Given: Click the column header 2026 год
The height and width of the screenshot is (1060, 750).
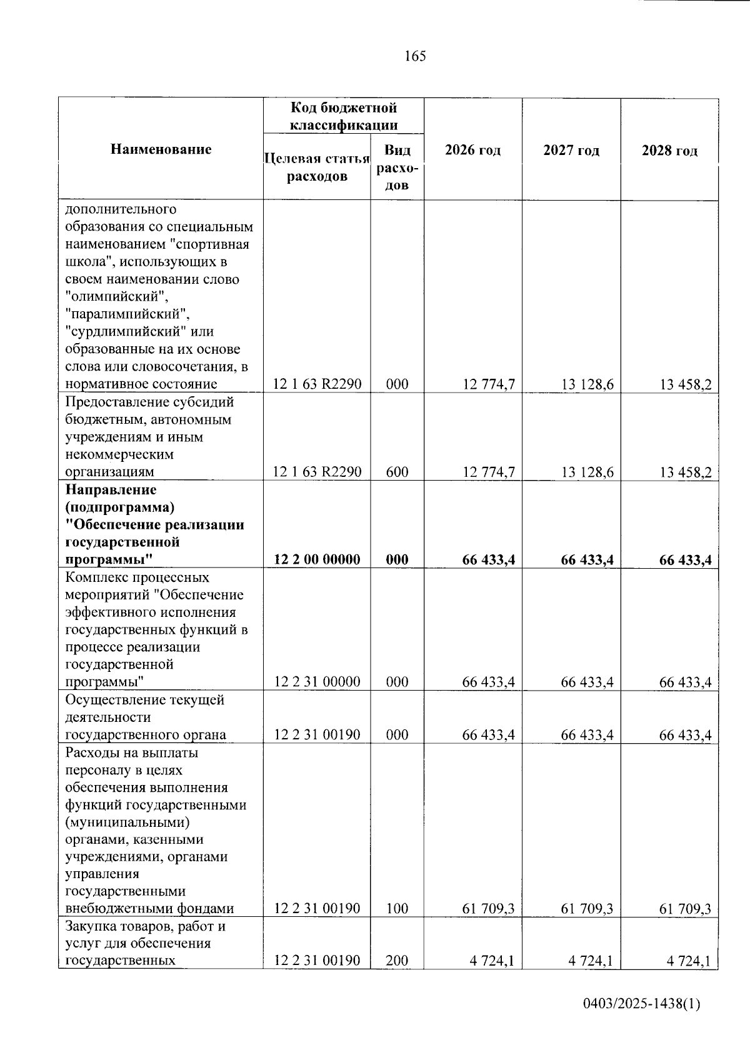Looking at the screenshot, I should [x=472, y=150].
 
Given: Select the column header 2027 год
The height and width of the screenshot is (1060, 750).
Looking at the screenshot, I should [x=571, y=150].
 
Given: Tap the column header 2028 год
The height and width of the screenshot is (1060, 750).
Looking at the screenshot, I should [x=669, y=151].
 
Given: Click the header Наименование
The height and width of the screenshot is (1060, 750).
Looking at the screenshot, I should [x=161, y=149].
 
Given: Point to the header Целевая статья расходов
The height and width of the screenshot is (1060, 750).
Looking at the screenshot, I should [x=317, y=167].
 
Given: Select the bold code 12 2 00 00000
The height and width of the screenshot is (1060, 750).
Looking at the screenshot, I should [x=317, y=559].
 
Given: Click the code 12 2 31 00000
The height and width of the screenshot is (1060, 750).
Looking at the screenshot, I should [x=317, y=682].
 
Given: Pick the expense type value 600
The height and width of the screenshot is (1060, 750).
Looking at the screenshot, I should [x=397, y=472].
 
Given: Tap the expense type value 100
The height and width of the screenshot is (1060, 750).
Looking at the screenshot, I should [x=397, y=908].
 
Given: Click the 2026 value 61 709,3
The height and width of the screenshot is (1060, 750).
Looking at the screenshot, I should [x=488, y=908].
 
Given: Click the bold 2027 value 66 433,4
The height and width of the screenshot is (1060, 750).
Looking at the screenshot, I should [x=587, y=559].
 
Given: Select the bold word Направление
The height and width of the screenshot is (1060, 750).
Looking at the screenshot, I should [x=111, y=489].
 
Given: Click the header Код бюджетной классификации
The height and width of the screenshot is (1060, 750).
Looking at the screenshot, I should [x=344, y=116].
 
